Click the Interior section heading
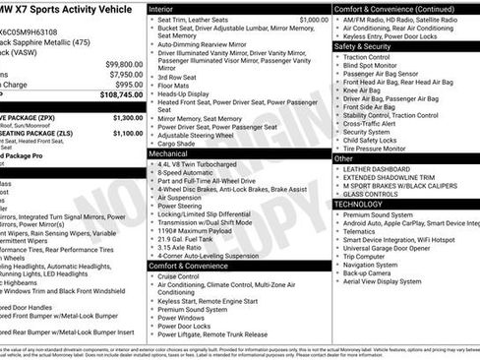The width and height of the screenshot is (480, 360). coord(161,8)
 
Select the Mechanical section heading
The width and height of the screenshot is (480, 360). coord(169,154)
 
